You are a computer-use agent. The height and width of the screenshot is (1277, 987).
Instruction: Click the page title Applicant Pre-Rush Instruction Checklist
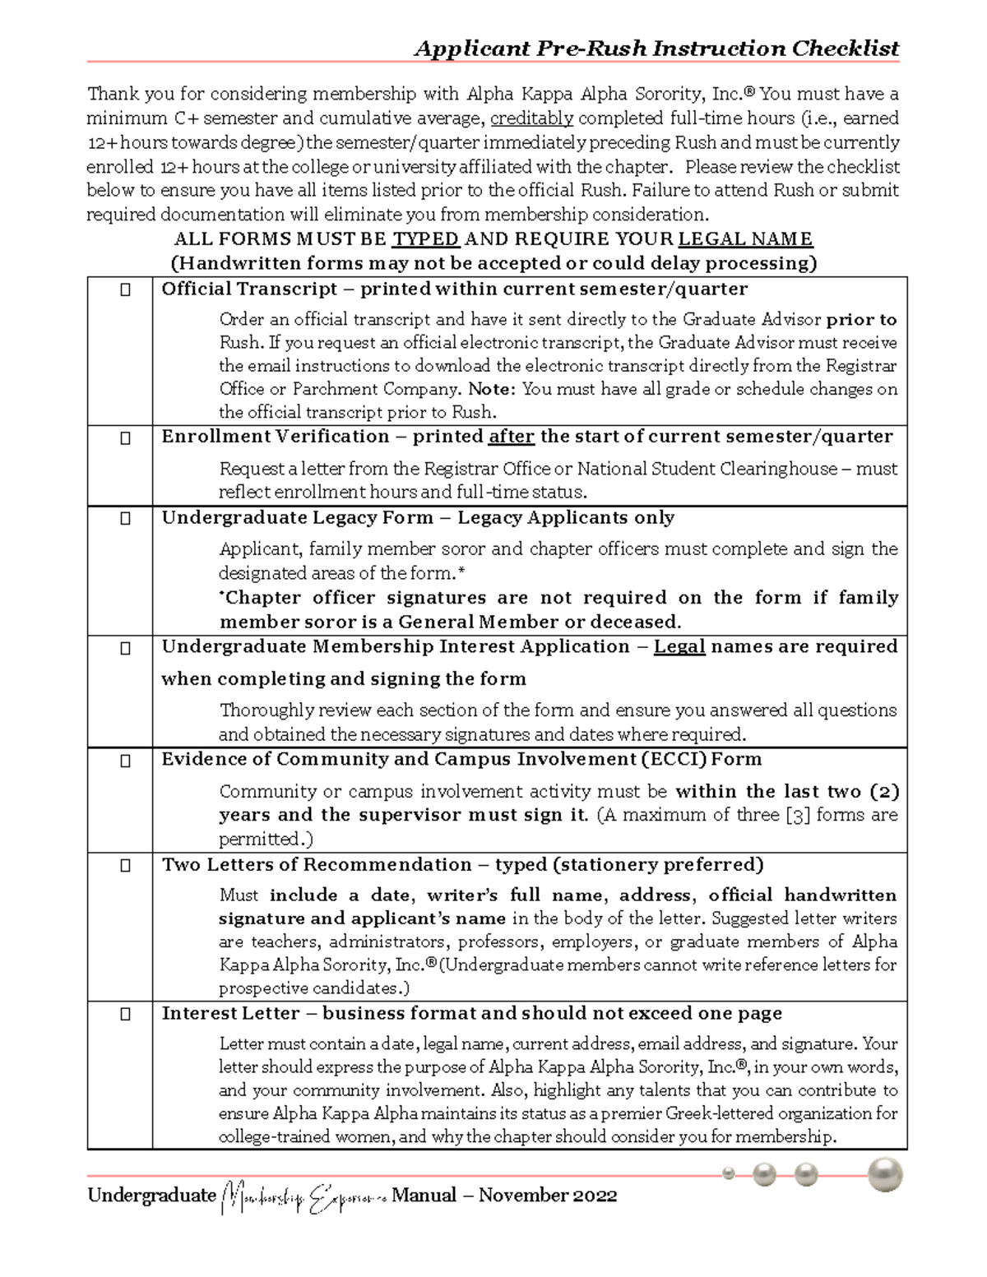click(x=656, y=49)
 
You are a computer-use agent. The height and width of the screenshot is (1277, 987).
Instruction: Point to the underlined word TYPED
click(x=425, y=239)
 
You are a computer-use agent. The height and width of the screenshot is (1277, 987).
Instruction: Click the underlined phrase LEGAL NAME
click(x=745, y=239)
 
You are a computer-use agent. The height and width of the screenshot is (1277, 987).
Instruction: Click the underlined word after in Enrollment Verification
click(x=512, y=437)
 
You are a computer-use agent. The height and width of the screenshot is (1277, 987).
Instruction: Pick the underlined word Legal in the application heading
click(x=679, y=646)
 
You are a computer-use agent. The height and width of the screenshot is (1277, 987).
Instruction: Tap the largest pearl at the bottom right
click(x=884, y=1174)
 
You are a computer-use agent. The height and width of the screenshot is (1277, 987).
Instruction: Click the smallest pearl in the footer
click(x=728, y=1173)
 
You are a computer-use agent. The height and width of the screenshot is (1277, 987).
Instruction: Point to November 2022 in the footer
click(x=548, y=1195)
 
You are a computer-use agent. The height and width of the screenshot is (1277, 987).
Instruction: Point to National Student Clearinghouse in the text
click(x=702, y=469)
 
